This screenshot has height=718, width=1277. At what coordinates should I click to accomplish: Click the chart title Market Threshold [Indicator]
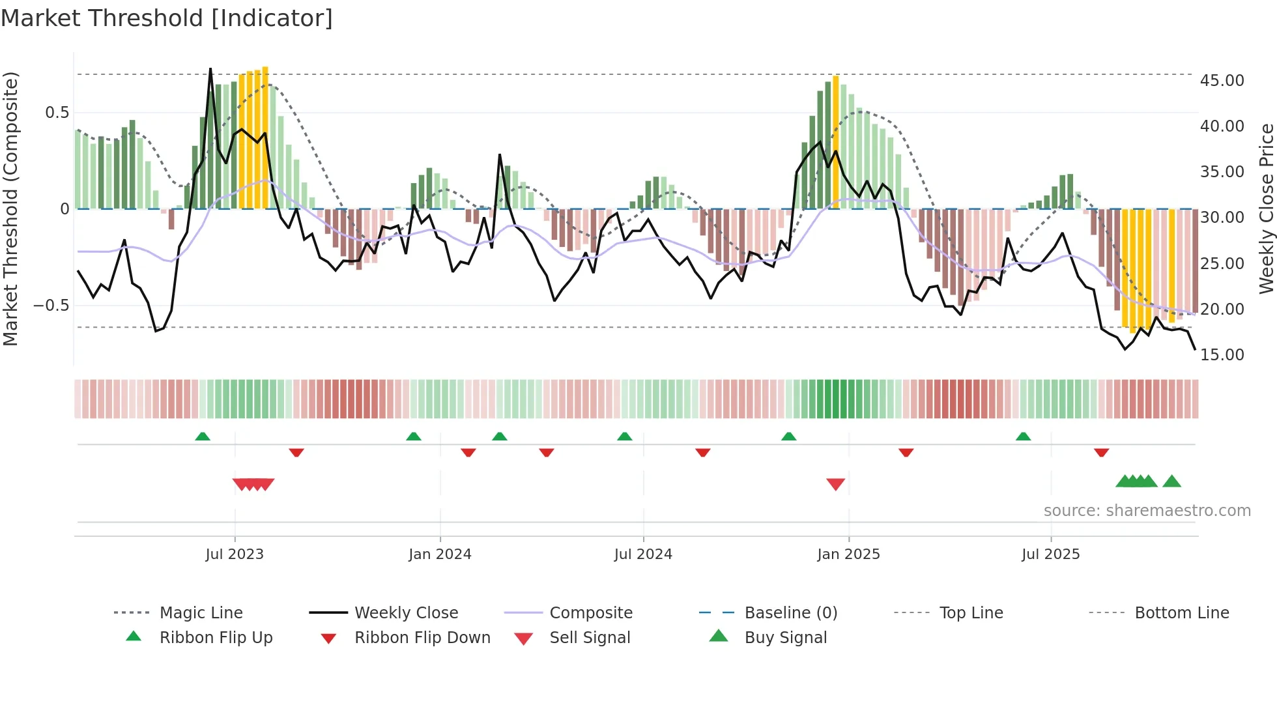point(167,18)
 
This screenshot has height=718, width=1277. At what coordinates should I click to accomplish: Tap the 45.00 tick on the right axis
point(1222,80)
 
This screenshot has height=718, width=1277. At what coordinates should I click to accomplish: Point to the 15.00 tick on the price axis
point(1222,354)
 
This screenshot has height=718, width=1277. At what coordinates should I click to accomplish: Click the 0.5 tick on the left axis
point(57,112)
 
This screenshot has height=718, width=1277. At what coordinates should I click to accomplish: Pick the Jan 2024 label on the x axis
point(440,554)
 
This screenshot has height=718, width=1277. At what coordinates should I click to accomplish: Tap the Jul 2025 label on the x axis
point(1050,554)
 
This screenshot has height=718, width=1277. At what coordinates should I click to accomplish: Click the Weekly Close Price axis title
point(1266,208)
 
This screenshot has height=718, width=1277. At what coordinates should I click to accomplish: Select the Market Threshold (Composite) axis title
point(10,208)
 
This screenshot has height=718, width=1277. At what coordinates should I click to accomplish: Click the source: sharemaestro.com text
point(1147,510)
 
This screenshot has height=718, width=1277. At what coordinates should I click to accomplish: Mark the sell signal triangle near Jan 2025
point(835,483)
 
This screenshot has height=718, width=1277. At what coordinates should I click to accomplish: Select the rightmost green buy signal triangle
point(1171,481)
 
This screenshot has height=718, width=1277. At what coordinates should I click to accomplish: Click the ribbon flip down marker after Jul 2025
point(1101,452)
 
